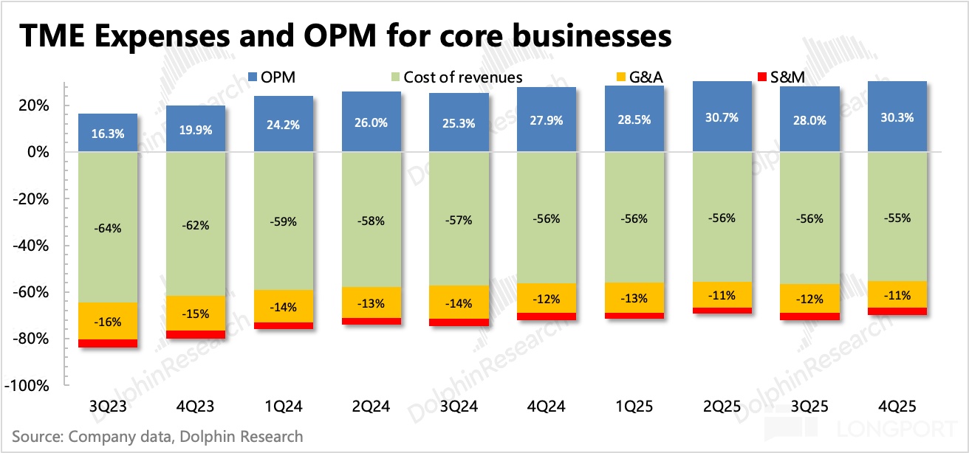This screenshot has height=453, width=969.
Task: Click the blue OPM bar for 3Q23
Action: [x=108, y=133]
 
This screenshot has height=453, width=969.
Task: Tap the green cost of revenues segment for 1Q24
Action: [x=284, y=221]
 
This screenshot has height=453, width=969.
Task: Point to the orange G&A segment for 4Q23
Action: [x=196, y=314]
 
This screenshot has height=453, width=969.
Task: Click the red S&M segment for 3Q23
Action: [x=108, y=343]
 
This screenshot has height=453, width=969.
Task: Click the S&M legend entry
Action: [x=786, y=76]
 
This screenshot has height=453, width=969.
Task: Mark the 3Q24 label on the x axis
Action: [x=459, y=406]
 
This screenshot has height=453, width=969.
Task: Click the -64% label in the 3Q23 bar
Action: [x=108, y=228]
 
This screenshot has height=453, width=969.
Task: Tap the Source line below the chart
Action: [x=157, y=436]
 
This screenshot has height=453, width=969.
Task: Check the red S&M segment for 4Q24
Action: [x=547, y=317]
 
